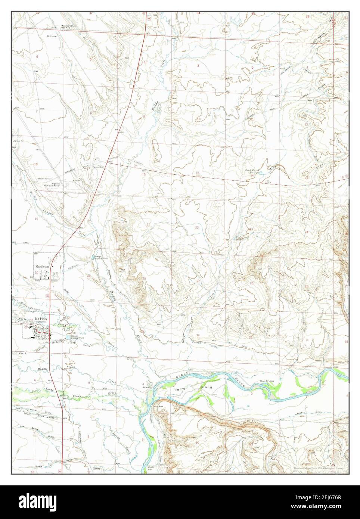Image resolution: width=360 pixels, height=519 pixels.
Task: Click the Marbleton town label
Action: [42, 267]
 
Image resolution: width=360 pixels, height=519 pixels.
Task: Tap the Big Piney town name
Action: [42, 318]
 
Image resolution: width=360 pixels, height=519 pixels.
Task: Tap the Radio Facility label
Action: [44, 178]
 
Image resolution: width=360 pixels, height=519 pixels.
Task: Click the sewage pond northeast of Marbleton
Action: [93, 258]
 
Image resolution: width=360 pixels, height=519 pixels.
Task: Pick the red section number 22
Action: [197, 227]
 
